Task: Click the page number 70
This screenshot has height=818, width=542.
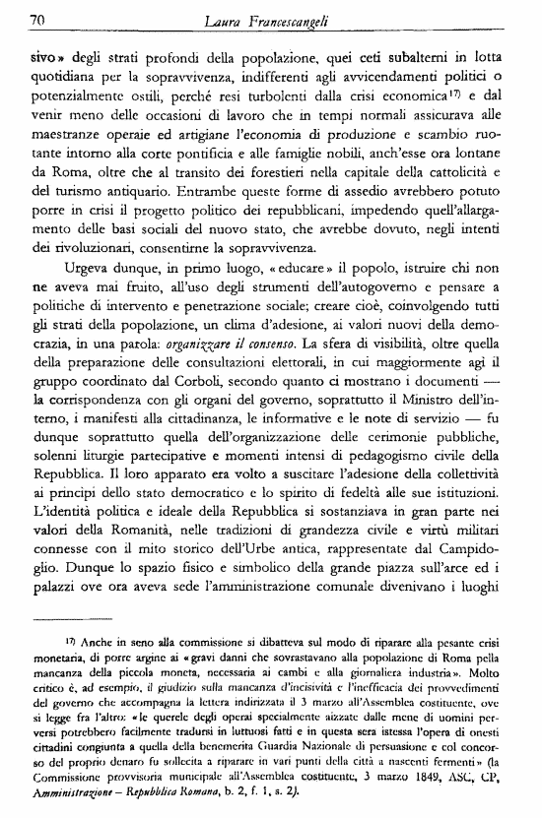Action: point(39,18)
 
